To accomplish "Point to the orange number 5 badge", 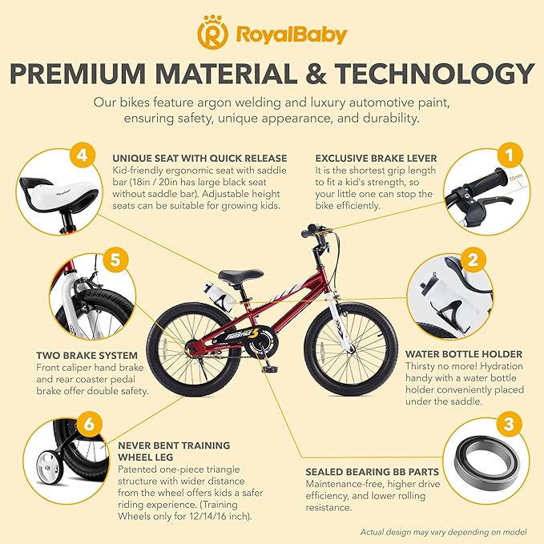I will pos(115,260).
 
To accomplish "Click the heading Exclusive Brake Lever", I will pos(369,158).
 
